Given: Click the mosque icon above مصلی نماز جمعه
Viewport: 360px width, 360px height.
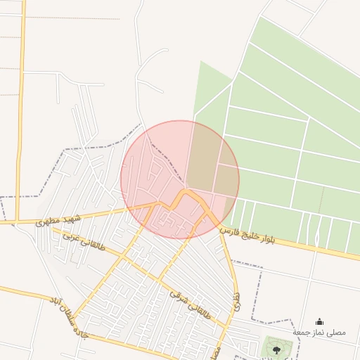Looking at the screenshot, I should [x=320, y=321].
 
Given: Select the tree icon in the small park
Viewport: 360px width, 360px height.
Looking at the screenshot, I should [x=276, y=348].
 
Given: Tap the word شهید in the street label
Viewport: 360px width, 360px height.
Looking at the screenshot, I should [x=73, y=218].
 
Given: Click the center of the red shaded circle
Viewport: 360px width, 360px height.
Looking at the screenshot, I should [x=180, y=179].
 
